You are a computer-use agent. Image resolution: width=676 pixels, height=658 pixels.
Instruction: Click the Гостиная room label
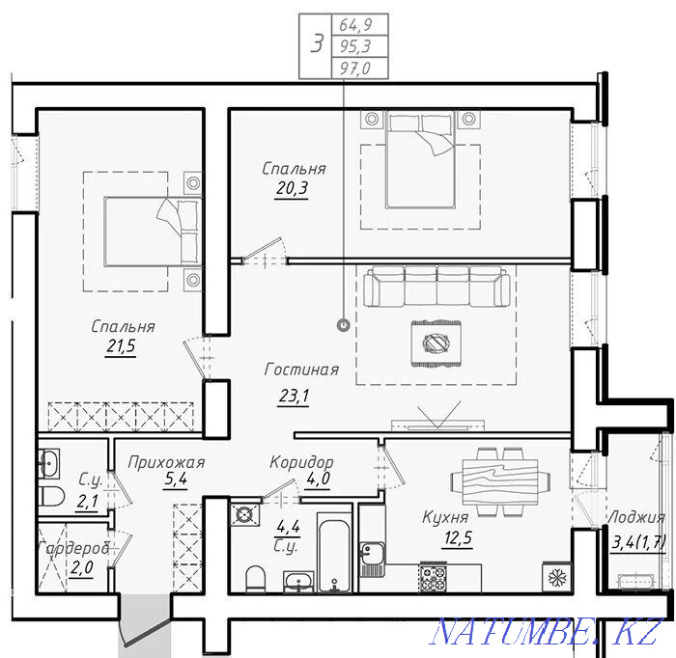[x=301, y=370]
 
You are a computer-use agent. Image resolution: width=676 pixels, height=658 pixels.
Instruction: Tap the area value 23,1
[x=294, y=396]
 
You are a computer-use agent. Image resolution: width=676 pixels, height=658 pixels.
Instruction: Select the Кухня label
[x=445, y=517]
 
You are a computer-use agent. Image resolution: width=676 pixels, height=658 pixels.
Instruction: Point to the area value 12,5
[x=457, y=537]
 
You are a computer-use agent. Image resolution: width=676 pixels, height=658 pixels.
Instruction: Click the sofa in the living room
[x=437, y=286]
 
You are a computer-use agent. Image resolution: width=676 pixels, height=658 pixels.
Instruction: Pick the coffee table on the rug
[x=437, y=343]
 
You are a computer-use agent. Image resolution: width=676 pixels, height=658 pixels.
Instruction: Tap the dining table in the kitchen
[x=500, y=481]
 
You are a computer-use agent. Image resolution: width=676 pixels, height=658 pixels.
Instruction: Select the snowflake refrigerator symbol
[x=556, y=578]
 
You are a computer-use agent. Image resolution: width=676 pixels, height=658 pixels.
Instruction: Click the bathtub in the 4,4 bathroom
[x=334, y=552]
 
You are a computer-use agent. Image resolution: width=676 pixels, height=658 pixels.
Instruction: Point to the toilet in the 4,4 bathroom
[x=255, y=579]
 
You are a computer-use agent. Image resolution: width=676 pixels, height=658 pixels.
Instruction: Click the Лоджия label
[x=635, y=517]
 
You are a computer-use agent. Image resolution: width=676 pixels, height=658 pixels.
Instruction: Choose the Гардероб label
[x=74, y=549]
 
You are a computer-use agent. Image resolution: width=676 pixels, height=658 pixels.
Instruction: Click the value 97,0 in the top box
[x=354, y=69]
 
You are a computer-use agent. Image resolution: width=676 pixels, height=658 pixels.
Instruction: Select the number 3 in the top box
[x=317, y=44]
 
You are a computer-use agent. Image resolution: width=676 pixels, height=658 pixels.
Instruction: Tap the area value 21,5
[x=121, y=345]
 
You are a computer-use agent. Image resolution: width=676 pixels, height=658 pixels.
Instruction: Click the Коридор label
[x=301, y=462]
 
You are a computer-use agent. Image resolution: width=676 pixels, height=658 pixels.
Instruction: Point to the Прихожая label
[x=166, y=463]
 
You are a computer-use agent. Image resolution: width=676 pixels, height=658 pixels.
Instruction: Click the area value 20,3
[x=292, y=188]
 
